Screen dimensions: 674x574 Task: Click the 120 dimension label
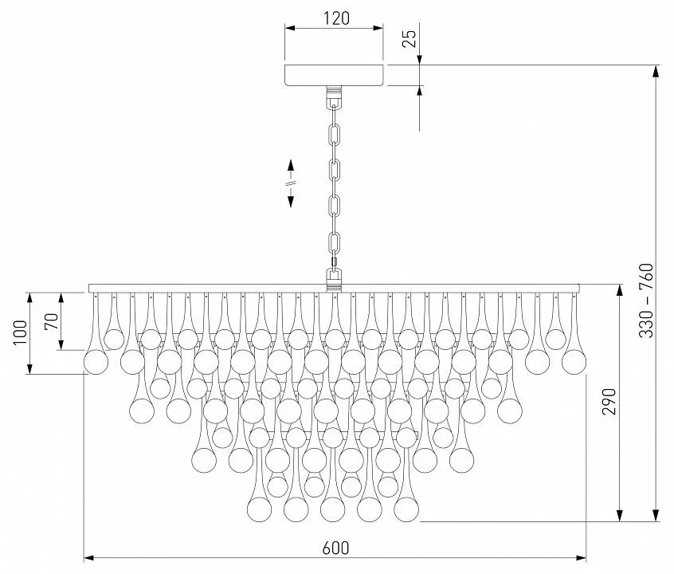(336, 18)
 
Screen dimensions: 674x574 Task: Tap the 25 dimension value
(410, 38)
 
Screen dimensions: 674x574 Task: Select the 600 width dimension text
(335, 548)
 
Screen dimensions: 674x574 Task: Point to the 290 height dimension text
(609, 402)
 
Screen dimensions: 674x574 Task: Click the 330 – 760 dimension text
(646, 301)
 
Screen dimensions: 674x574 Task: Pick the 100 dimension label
(20, 332)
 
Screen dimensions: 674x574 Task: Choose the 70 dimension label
(51, 321)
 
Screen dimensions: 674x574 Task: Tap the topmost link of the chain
(335, 135)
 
